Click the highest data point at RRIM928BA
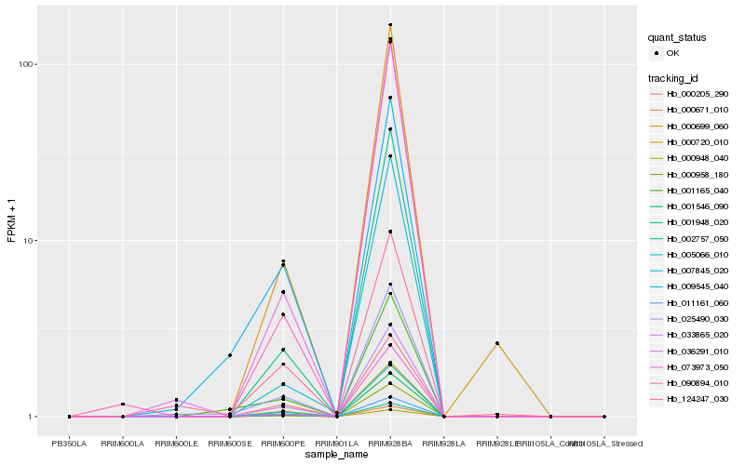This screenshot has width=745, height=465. pos(390,25)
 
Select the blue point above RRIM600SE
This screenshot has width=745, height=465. pos(229,355)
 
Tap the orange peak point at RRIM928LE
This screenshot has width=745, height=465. pos(497,343)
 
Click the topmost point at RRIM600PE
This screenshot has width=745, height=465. pos(283,261)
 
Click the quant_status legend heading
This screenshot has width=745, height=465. pos(678,38)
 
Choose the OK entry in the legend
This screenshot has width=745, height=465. pos(672,53)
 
